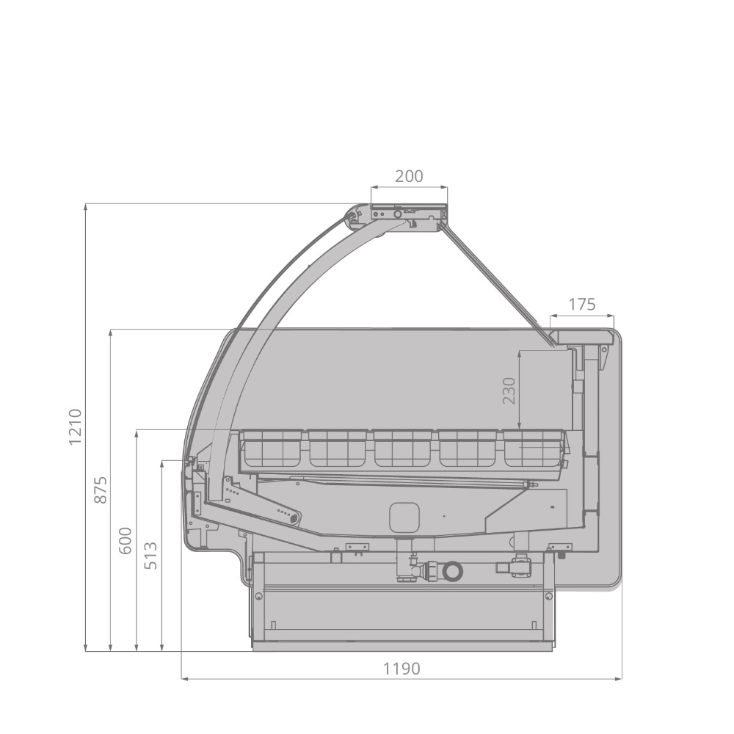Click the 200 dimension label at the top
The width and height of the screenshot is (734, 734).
[x=409, y=176]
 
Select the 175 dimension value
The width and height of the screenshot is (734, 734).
[x=582, y=304]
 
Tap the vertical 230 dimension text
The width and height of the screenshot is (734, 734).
[x=509, y=390]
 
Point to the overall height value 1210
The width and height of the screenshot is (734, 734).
[x=74, y=426]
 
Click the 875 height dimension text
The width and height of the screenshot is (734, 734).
[x=101, y=490]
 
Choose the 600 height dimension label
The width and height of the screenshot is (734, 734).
[x=126, y=540]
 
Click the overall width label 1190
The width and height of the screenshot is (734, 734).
[x=401, y=669]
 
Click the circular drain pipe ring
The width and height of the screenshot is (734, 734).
[x=453, y=570]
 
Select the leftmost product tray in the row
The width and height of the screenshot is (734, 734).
[x=271, y=448]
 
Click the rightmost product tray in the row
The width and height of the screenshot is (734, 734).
[x=532, y=448]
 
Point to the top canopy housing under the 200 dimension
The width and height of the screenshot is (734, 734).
[x=408, y=215]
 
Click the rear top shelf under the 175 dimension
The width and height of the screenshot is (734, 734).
[x=584, y=336]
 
